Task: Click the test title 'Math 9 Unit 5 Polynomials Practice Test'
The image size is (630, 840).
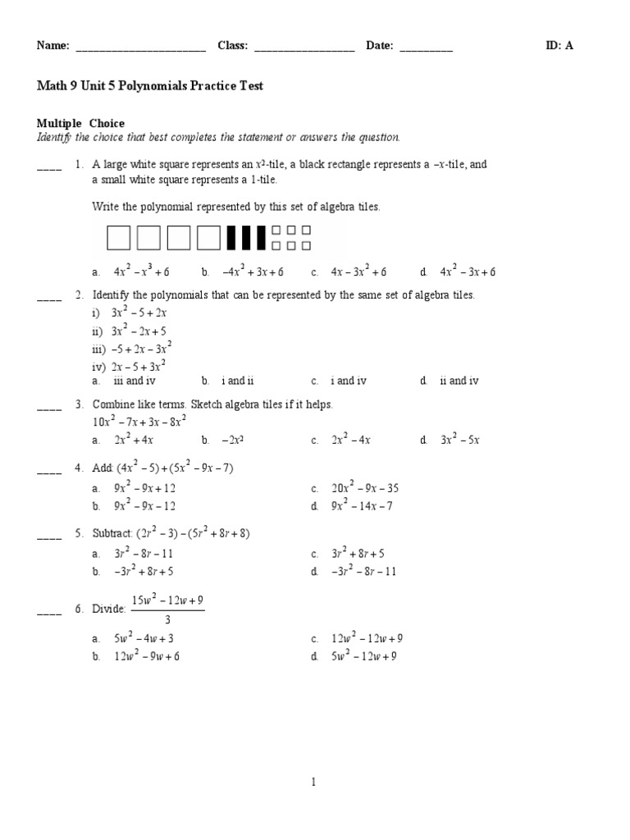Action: click(149, 85)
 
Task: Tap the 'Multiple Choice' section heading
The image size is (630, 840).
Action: click(80, 124)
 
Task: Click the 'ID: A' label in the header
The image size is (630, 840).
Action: click(559, 46)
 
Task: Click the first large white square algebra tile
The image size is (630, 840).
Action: click(119, 238)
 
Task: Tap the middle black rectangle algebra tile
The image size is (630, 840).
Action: click(246, 238)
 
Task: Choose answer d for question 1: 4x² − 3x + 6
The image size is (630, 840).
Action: click(468, 272)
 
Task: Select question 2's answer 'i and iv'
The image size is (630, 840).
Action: click(349, 381)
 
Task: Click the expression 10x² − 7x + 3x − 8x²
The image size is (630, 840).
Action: click(139, 422)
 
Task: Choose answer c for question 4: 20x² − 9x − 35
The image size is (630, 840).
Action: click(365, 488)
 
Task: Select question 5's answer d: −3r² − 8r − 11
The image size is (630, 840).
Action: click(364, 572)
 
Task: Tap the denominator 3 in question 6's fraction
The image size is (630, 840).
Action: click(167, 620)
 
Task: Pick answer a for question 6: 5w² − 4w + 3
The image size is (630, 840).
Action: click(144, 638)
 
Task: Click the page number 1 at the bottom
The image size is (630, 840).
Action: click(313, 783)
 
